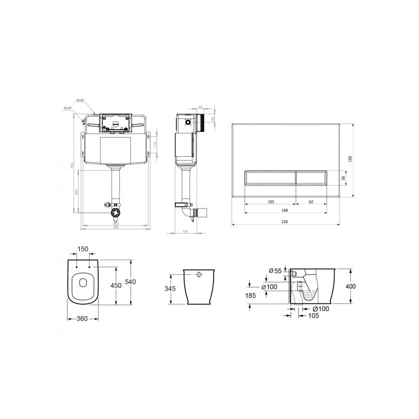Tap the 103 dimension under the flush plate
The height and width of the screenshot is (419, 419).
(x=271, y=201)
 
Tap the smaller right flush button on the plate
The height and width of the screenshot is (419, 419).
(x=312, y=178)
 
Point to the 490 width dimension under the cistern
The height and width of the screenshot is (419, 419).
(x=116, y=227)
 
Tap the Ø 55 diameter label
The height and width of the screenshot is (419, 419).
(x=275, y=270)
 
